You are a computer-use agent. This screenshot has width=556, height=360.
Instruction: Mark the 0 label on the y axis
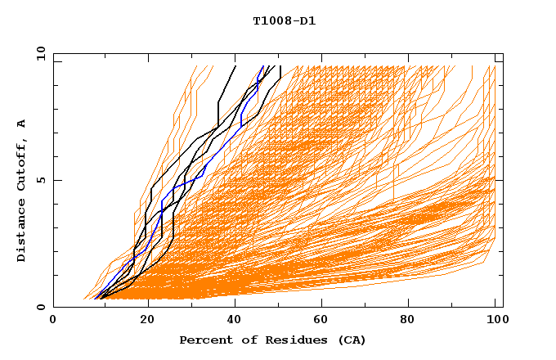tap(40, 308)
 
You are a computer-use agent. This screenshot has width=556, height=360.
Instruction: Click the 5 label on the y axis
tap(40, 180)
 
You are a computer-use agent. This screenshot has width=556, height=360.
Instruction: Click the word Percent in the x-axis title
tap(204, 340)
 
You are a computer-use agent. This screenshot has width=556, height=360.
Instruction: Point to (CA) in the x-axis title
tap(352, 340)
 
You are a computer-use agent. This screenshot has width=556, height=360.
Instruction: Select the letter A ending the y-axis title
tap(22, 124)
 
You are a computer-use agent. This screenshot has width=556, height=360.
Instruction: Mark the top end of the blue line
tap(263, 66)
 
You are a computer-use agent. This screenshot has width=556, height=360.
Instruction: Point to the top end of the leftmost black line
tap(235, 66)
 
